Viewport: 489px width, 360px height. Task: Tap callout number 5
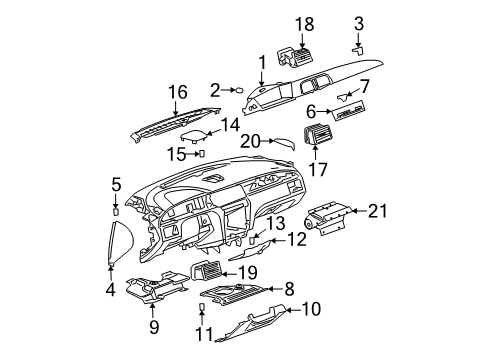click(116, 184)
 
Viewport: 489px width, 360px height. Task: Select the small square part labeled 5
click(116, 210)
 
